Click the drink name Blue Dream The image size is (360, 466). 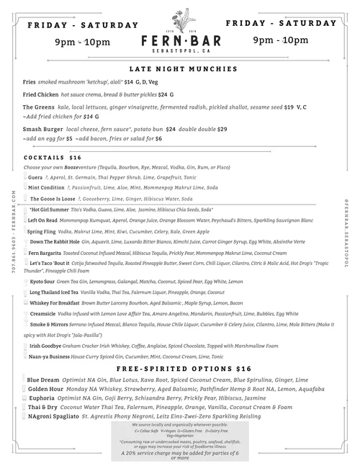[42, 380]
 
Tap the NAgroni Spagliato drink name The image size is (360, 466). [53, 416]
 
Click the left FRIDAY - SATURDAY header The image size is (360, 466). [82, 24]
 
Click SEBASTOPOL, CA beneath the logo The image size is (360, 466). [179, 52]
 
